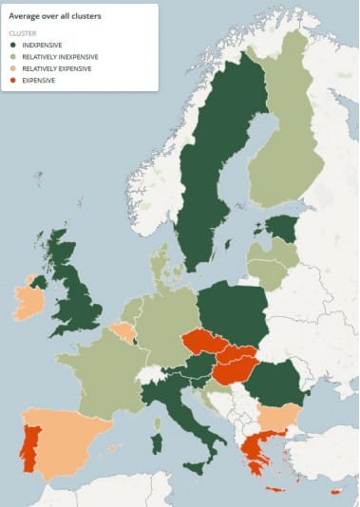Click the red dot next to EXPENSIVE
click(x=12, y=81)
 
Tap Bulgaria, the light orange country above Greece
click(x=279, y=417)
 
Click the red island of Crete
click(x=275, y=490)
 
